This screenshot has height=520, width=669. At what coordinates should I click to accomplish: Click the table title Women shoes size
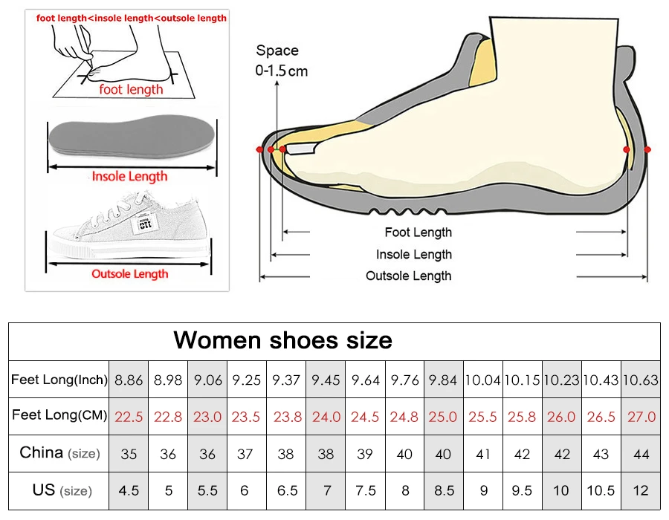(282, 340)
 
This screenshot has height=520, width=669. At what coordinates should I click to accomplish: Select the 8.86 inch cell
(129, 380)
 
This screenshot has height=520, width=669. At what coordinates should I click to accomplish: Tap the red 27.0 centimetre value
(641, 416)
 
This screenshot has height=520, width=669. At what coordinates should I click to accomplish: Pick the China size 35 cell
(129, 453)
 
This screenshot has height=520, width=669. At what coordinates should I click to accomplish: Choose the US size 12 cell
(641, 490)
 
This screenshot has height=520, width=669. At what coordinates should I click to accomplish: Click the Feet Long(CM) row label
(59, 415)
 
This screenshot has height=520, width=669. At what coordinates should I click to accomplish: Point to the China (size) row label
(59, 452)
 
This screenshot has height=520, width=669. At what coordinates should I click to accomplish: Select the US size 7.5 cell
(365, 490)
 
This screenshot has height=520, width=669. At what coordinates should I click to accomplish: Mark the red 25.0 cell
(443, 416)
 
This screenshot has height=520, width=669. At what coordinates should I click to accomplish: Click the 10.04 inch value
(482, 380)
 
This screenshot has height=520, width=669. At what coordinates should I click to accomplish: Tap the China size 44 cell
(641, 453)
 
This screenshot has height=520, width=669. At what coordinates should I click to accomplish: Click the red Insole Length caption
(129, 176)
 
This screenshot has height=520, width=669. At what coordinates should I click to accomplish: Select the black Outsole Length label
(408, 276)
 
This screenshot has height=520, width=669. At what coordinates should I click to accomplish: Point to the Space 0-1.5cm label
(281, 60)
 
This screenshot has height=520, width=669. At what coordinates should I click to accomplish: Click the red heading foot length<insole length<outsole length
(132, 18)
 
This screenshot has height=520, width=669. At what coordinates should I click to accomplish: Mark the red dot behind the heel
(647, 149)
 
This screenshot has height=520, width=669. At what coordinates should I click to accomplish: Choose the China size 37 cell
(246, 453)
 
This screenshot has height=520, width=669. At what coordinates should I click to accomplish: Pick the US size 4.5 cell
(129, 490)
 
